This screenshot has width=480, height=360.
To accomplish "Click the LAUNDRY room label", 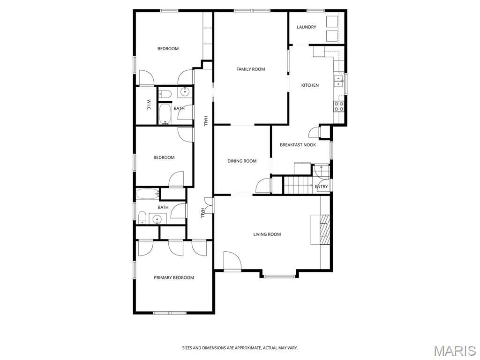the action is pyautogui.click(x=307, y=27).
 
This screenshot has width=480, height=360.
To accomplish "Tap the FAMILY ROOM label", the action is pyautogui.click(x=250, y=69).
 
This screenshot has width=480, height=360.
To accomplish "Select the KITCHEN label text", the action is pyautogui.click(x=310, y=85).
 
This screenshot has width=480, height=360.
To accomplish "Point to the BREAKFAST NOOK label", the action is pyautogui.click(x=298, y=145).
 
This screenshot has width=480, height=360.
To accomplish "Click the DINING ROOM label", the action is pyautogui.click(x=242, y=161).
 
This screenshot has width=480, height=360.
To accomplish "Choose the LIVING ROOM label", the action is pyautogui.click(x=267, y=234).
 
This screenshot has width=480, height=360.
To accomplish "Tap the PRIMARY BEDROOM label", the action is pyautogui.click(x=173, y=277).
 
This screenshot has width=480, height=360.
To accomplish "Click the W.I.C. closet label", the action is pyautogui.click(x=148, y=105).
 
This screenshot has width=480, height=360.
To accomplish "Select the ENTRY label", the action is pyautogui.click(x=321, y=187).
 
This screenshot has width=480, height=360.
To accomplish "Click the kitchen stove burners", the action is pyautogui.click(x=339, y=106).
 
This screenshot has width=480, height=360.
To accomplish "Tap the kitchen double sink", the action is pyautogui.click(x=338, y=81).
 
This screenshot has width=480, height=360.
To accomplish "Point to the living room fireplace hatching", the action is pyautogui.click(x=325, y=230).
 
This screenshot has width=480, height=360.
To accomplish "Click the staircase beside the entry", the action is pyautogui.click(x=298, y=185).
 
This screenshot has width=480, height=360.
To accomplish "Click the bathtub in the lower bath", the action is pyautogui.click(x=148, y=194).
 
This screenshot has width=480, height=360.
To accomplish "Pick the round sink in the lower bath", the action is pyautogui.click(x=157, y=219).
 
